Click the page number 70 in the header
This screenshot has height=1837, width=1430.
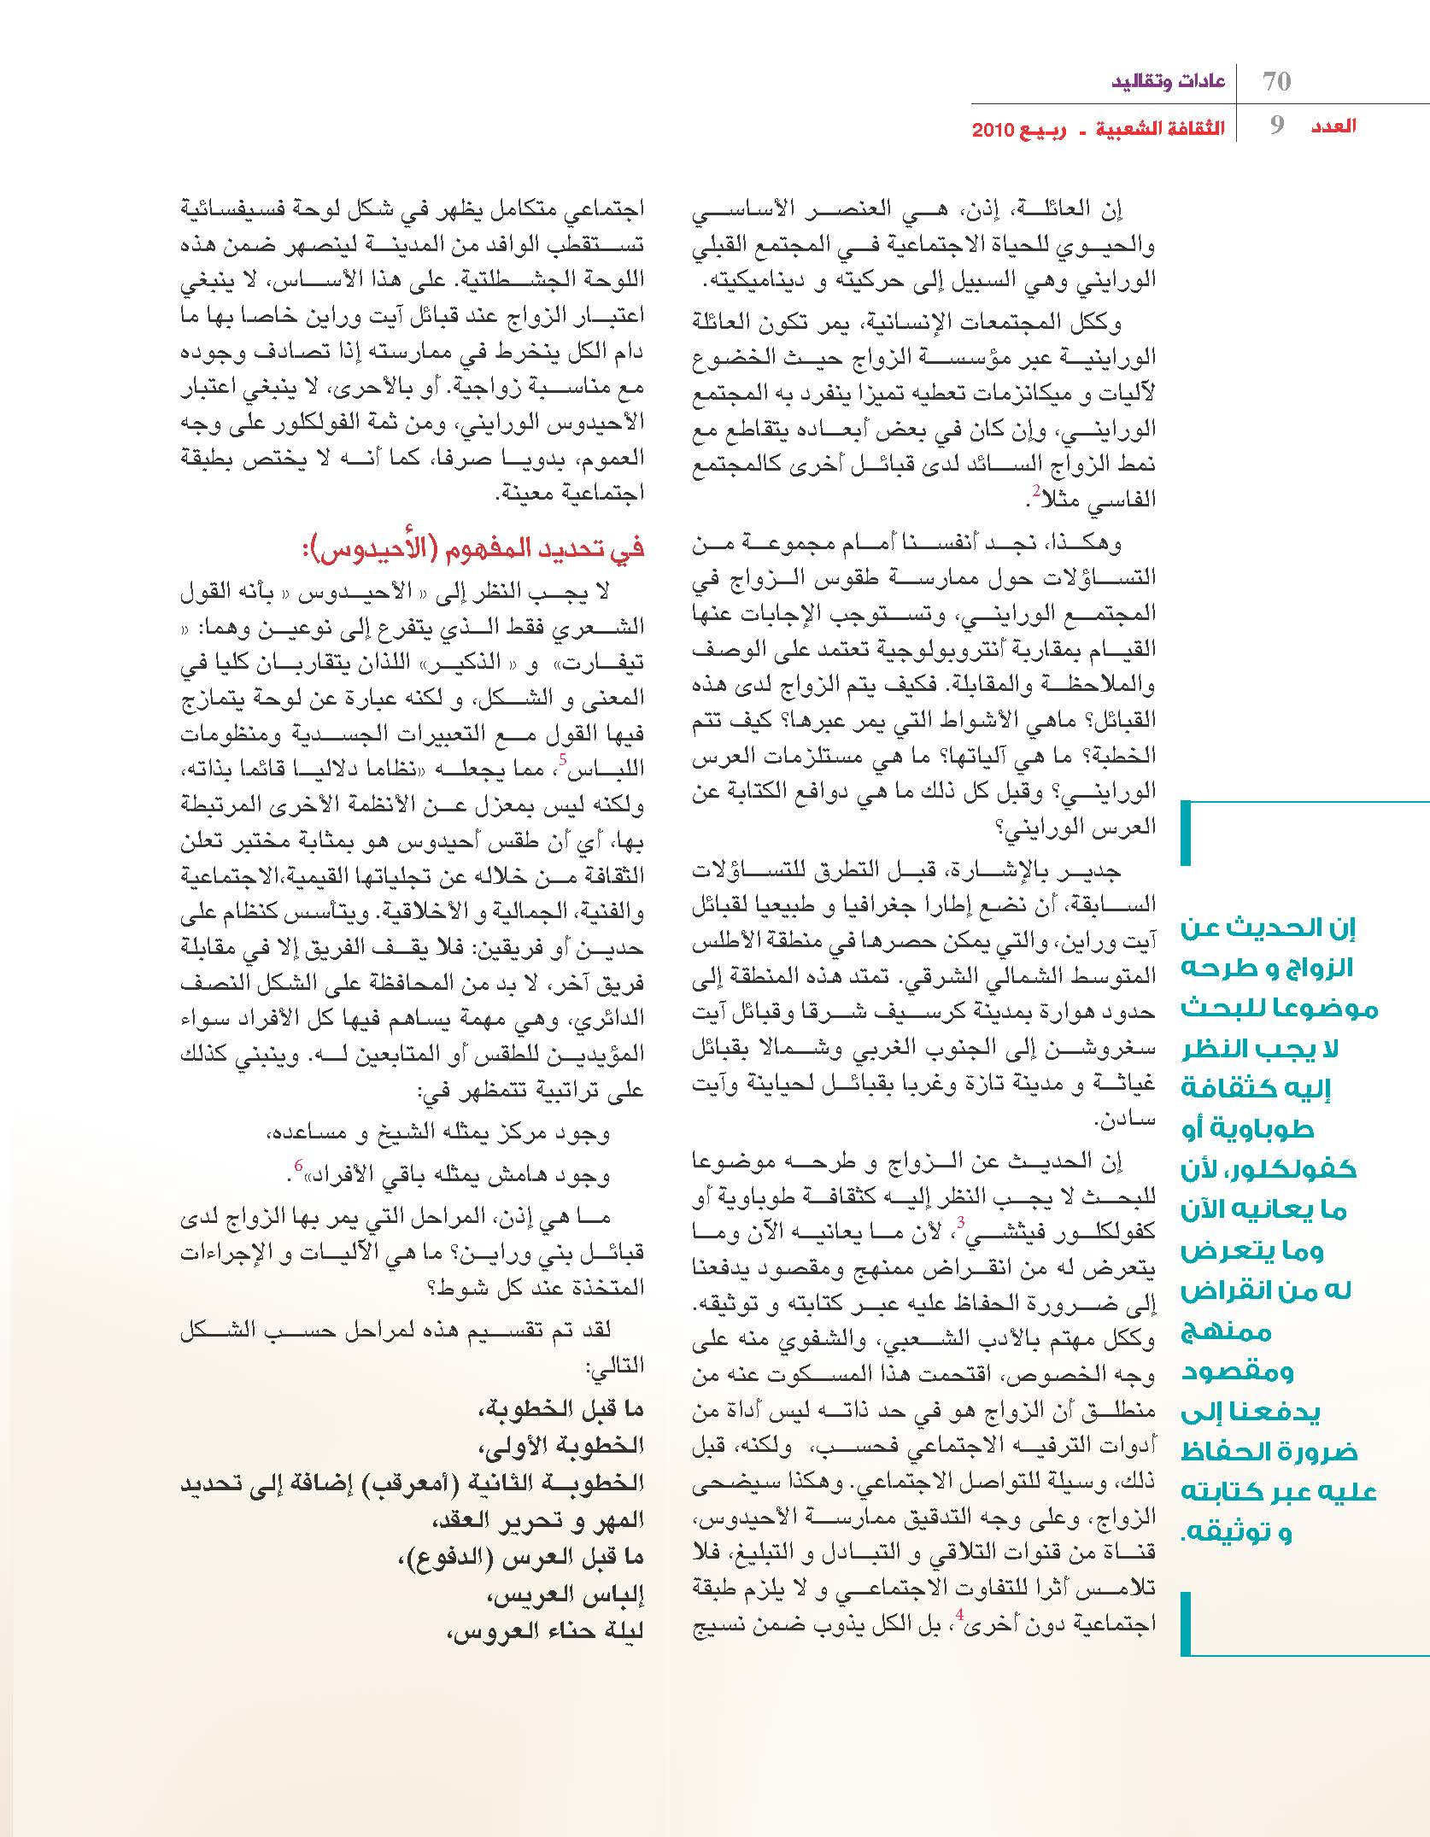pos(1276,82)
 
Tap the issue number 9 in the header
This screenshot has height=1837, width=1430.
pos(1277,127)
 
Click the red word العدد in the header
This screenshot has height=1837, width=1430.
pos(1333,126)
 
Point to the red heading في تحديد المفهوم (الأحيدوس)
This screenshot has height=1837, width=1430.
pos(472,547)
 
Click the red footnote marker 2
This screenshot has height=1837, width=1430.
pos(1035,490)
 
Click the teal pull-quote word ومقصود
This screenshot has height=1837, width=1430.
pos(1238,1371)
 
